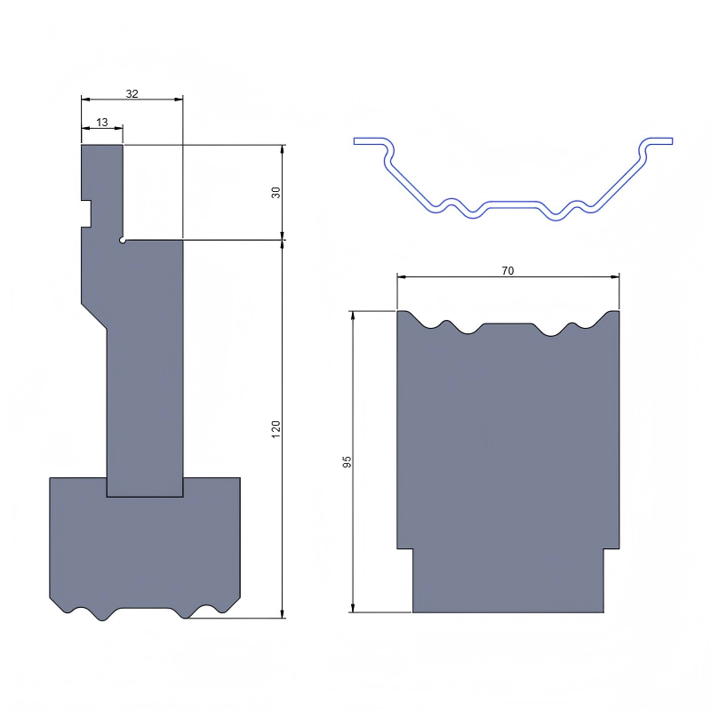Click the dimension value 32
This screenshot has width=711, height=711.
click(132, 93)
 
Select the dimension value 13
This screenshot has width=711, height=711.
click(101, 122)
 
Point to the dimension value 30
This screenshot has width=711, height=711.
click(276, 192)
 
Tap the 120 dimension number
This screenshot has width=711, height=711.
click(276, 427)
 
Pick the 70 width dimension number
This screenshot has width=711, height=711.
click(507, 271)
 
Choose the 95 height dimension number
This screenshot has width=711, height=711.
click(348, 462)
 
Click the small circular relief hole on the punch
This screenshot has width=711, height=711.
click(123, 240)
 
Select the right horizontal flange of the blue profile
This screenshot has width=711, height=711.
click(659, 140)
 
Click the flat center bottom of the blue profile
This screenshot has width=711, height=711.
click(512, 204)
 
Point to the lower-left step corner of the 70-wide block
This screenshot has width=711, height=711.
click(413, 548)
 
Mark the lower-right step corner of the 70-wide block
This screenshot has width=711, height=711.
click(604, 548)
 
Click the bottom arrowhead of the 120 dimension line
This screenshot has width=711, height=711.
click(283, 612)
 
